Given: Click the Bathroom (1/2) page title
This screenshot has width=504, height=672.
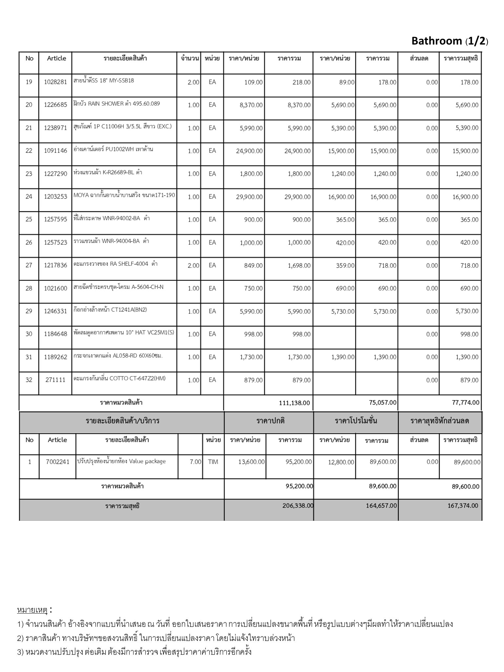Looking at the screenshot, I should (450, 41).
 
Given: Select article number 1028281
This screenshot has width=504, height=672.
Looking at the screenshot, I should (55, 82).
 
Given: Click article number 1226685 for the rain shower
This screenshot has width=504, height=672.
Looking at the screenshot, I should (55, 105).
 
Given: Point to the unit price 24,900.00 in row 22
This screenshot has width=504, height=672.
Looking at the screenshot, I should (249, 151).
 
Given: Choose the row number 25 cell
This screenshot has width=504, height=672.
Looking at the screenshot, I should (29, 219).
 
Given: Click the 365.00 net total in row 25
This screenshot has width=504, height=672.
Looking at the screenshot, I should (469, 220).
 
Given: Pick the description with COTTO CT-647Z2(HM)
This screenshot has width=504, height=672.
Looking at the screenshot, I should (119, 378).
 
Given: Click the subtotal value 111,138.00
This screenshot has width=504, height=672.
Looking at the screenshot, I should (294, 403).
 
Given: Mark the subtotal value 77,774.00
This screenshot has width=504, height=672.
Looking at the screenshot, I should (465, 402).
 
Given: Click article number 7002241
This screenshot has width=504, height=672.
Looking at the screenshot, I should (57, 462).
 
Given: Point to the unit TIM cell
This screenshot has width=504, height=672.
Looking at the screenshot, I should (213, 462).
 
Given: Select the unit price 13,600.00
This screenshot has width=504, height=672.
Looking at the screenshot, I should (251, 462).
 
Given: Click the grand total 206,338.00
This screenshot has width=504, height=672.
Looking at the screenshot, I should (298, 506).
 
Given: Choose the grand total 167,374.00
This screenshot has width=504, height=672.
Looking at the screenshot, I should (463, 506).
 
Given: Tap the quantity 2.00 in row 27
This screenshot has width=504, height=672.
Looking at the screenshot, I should (193, 265).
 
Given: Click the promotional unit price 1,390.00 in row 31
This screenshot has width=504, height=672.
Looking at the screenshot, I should (343, 357).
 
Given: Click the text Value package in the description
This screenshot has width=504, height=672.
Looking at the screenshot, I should (147, 461).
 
